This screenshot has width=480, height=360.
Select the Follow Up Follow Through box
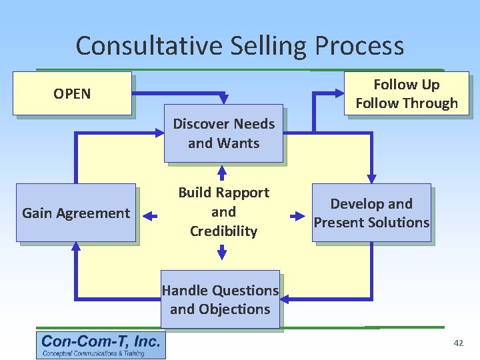[x=407, y=93]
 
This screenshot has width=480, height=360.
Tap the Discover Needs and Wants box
[x=223, y=133]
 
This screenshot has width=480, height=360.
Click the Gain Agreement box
[x=76, y=213]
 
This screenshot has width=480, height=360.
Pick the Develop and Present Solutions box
[x=372, y=213]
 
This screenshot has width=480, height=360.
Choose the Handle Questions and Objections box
[x=220, y=299]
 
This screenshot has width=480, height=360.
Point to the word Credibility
[x=223, y=231]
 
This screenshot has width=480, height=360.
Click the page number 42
[x=458, y=343]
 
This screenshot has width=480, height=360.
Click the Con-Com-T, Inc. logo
[x=101, y=345]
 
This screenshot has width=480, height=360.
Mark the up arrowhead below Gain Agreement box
[x=75, y=247]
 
